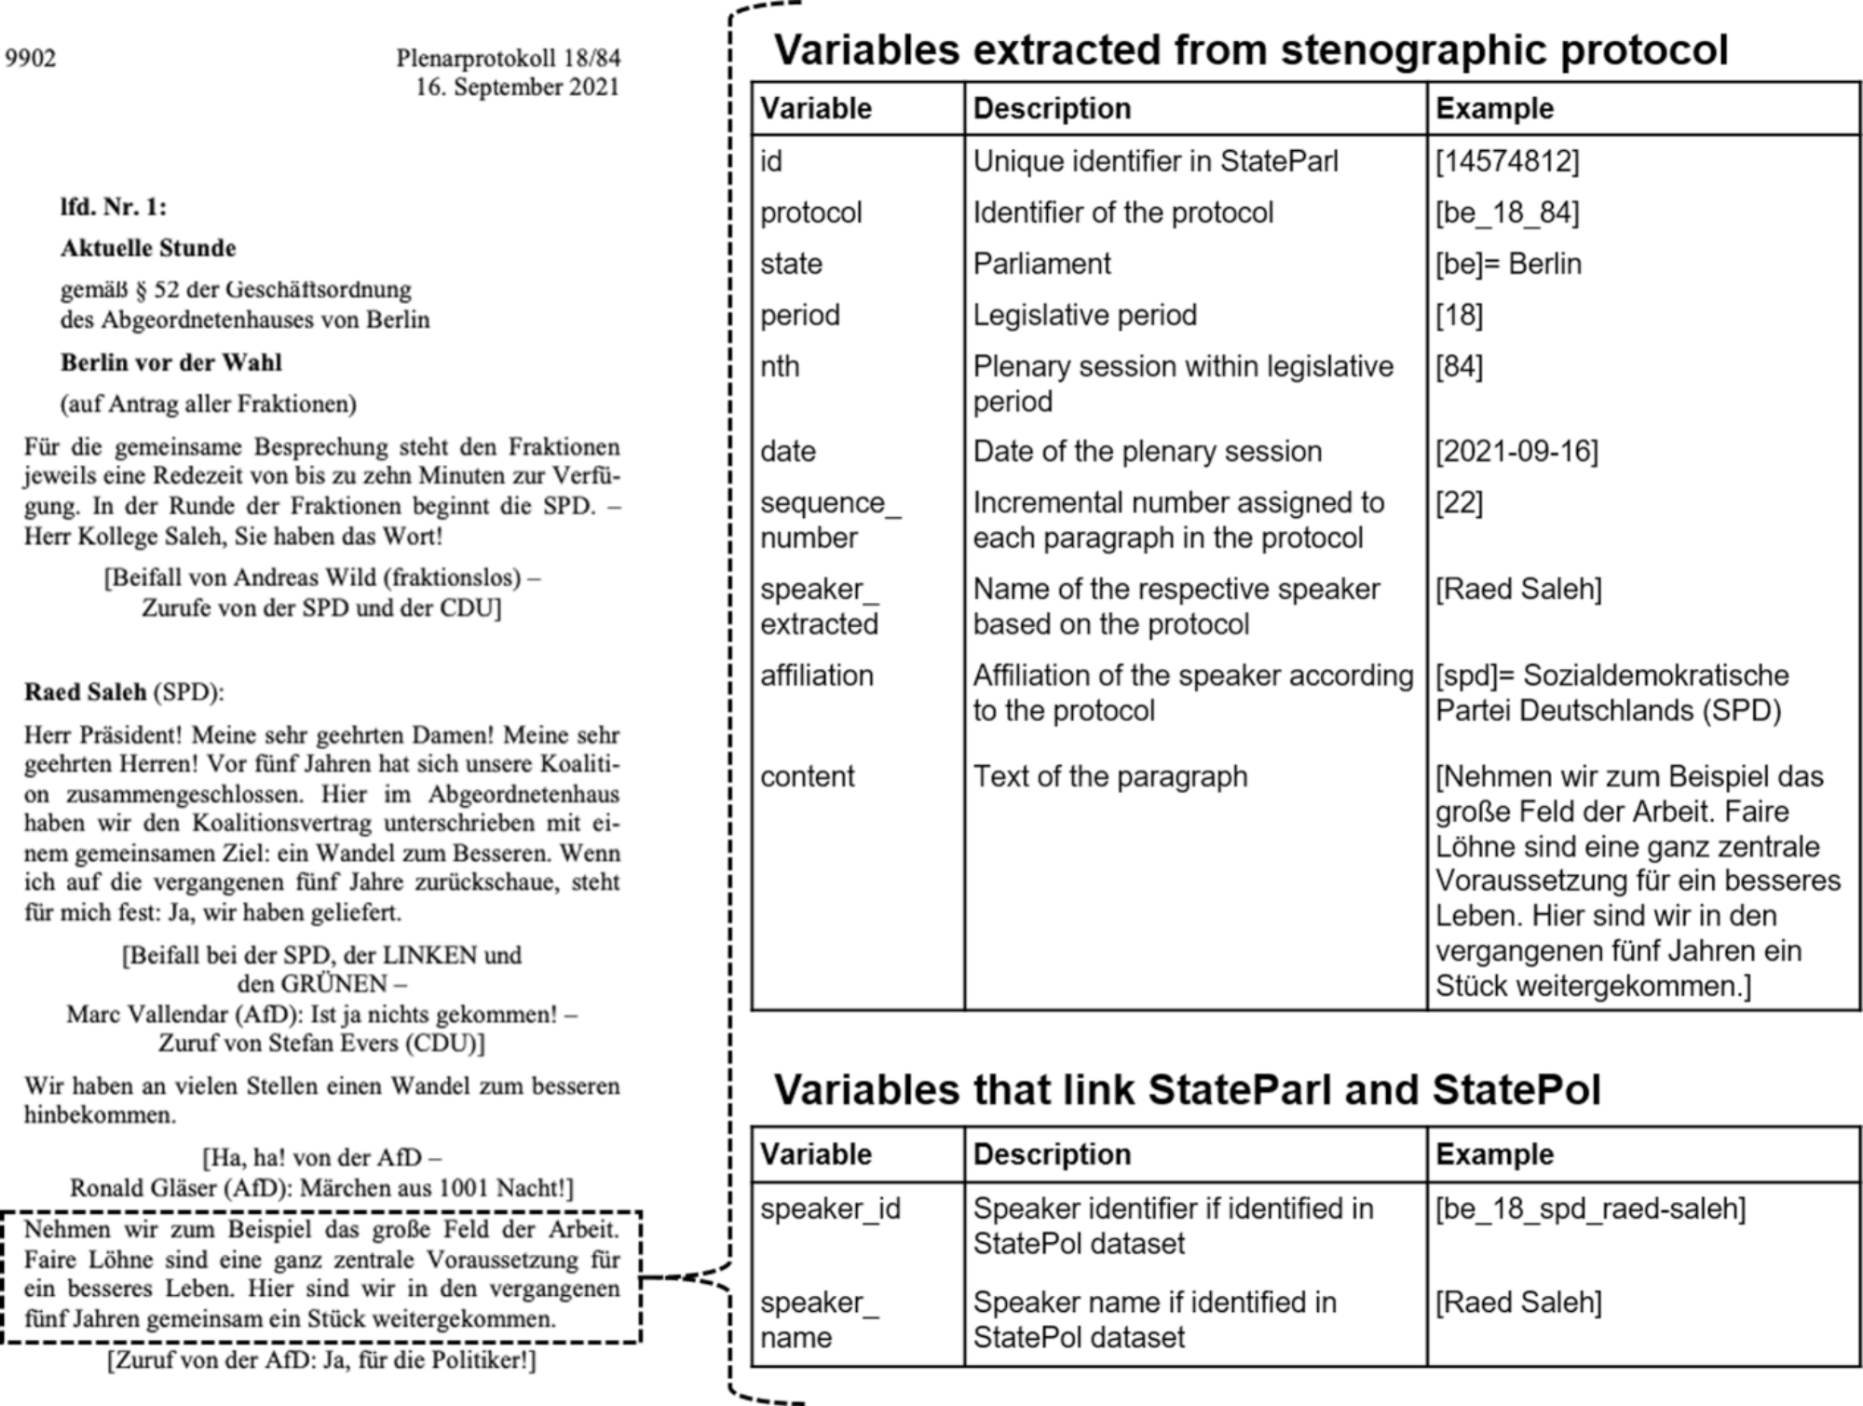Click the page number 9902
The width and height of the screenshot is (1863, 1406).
coord(31,59)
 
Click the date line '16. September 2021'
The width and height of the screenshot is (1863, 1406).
coord(517,88)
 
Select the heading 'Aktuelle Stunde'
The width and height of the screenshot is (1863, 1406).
coord(148,249)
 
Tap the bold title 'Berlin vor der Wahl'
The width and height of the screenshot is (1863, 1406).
coord(170,362)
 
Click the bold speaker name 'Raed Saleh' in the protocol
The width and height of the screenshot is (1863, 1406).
coord(85,692)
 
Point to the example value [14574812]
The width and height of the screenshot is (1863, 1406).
coord(1506,162)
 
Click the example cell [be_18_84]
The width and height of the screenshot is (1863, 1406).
coord(1506,213)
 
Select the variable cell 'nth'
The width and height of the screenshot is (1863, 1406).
coord(780,367)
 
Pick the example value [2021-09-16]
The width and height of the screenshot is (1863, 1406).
coord(1516,452)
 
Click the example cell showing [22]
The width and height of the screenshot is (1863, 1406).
coord(1459,503)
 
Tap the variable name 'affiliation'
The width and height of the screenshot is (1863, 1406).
coord(816,676)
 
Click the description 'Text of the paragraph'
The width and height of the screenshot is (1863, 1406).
coord(1109,777)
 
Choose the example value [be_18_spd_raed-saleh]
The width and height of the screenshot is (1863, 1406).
coord(1590,1208)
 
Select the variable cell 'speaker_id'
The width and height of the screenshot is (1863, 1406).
coord(830,1208)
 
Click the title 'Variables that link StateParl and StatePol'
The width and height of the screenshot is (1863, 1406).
coord(1187,1090)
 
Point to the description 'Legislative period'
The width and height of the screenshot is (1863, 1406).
coord(1084,316)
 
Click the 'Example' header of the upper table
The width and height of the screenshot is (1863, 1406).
coord(1494,109)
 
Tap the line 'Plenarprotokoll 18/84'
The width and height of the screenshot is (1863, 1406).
coord(508,59)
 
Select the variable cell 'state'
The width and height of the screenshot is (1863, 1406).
coord(791,265)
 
